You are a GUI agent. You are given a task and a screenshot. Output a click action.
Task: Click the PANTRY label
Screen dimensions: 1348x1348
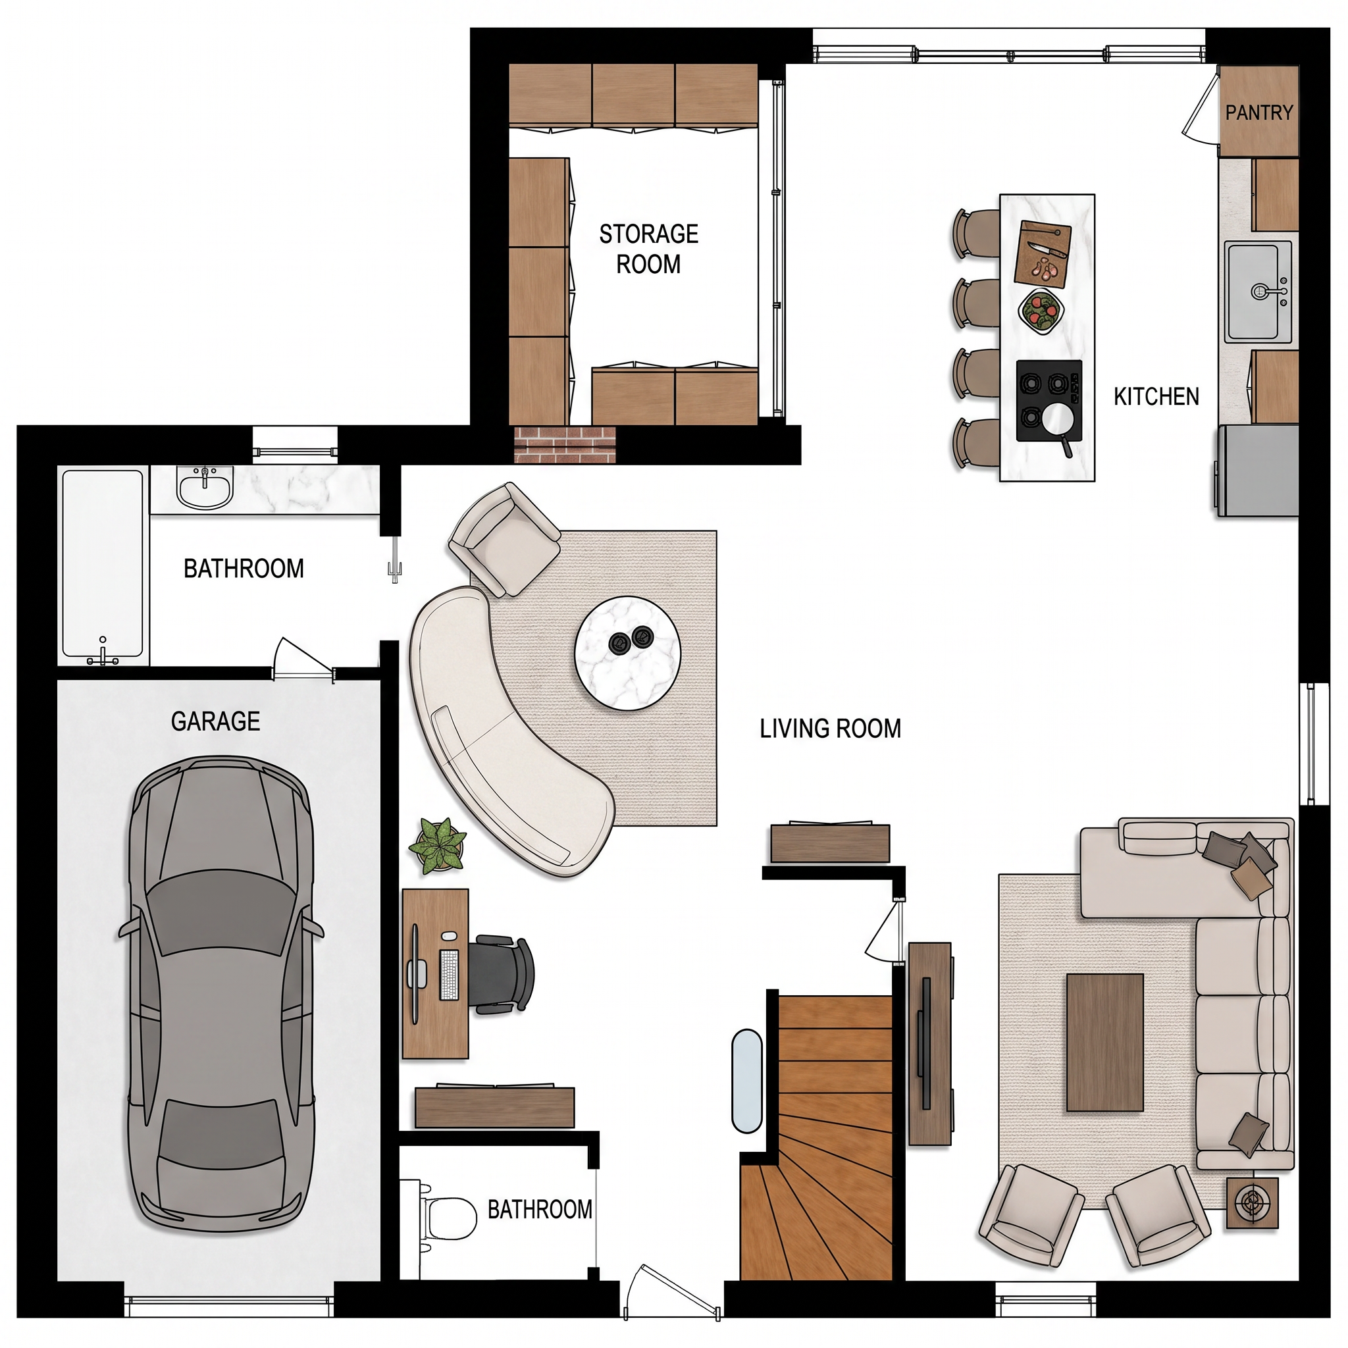pyautogui.click(x=1258, y=113)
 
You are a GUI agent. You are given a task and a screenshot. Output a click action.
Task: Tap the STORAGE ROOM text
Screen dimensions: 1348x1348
pyautogui.click(x=648, y=249)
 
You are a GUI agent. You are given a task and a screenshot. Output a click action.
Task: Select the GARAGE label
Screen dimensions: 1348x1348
pyautogui.click(x=216, y=721)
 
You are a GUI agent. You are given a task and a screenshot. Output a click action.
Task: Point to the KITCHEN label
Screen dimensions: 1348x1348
pyautogui.click(x=1156, y=397)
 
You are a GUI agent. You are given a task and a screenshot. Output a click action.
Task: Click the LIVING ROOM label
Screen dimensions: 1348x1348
pyautogui.click(x=830, y=729)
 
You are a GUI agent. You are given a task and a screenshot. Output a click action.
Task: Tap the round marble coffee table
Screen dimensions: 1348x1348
pyautogui.click(x=628, y=654)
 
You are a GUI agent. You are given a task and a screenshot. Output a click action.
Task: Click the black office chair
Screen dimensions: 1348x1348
pyautogui.click(x=501, y=974)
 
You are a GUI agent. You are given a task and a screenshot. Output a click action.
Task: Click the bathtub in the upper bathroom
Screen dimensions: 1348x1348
pyautogui.click(x=103, y=566)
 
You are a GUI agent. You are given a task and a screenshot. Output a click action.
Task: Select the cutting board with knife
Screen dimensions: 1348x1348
pyautogui.click(x=1042, y=253)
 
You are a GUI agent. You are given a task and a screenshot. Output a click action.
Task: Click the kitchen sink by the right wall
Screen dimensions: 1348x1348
pyautogui.click(x=1258, y=292)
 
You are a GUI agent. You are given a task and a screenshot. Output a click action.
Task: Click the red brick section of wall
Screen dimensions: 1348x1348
pyautogui.click(x=565, y=444)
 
